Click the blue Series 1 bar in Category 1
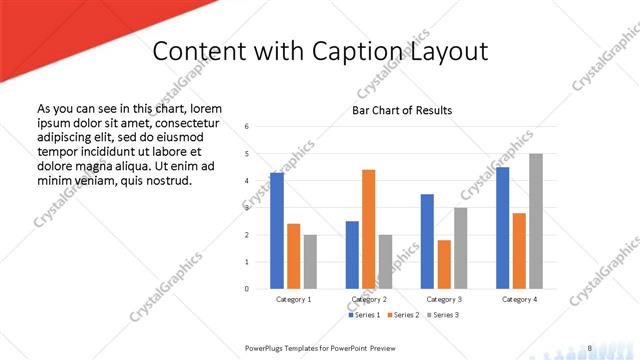[x=277, y=231]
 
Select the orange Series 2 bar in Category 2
[x=368, y=229]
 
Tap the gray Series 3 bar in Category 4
[x=536, y=221]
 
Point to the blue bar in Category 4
[x=502, y=228]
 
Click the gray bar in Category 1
[x=310, y=262]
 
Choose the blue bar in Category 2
[x=352, y=255]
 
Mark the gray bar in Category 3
[x=460, y=248]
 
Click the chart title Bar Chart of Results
[x=402, y=110]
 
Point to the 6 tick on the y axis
[x=247, y=126]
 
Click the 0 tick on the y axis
[x=247, y=289]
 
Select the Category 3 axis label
[x=444, y=299]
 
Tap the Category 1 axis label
[x=293, y=299]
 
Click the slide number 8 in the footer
[x=590, y=347]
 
